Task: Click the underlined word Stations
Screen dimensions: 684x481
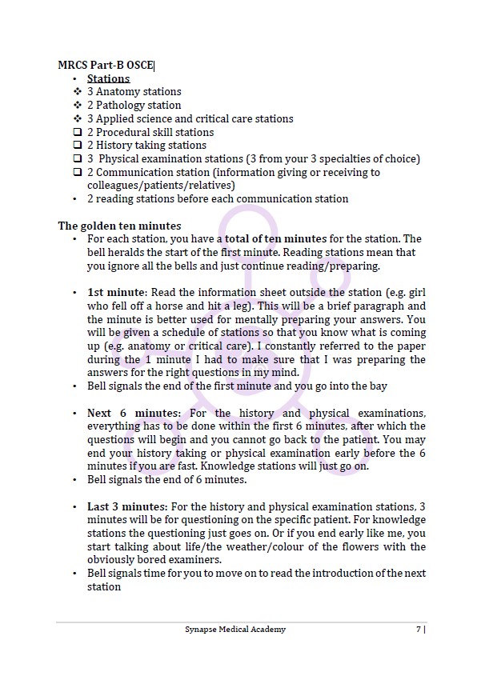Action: (x=108, y=78)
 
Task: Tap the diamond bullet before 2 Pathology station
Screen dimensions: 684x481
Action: (x=77, y=105)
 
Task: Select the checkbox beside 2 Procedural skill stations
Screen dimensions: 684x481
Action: (x=77, y=132)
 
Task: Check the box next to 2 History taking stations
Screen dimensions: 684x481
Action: (x=77, y=146)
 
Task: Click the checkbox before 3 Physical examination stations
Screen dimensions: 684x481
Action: (x=77, y=159)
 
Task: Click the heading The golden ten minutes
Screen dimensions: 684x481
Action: (x=119, y=226)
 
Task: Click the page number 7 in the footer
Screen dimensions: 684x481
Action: (x=419, y=630)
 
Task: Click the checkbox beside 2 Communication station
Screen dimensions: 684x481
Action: (x=77, y=172)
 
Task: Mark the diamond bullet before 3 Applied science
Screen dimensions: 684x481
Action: (x=77, y=118)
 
